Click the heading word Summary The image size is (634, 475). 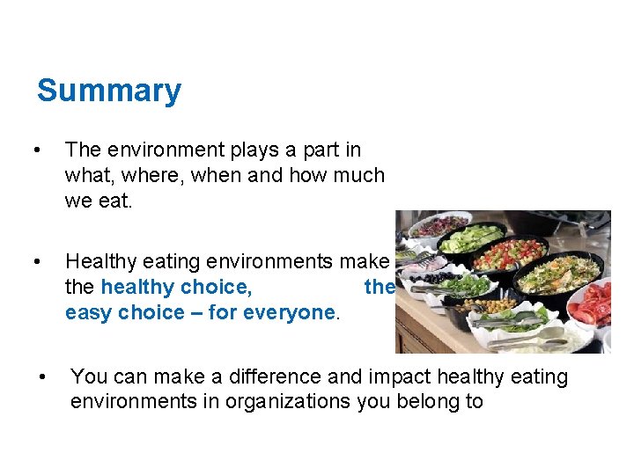coord(109,91)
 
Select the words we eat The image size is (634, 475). coord(99,201)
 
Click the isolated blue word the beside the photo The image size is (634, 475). coord(379,287)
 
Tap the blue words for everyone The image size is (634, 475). coord(284,312)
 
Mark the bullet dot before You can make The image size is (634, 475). coord(41,377)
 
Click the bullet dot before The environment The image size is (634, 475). coord(36,150)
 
